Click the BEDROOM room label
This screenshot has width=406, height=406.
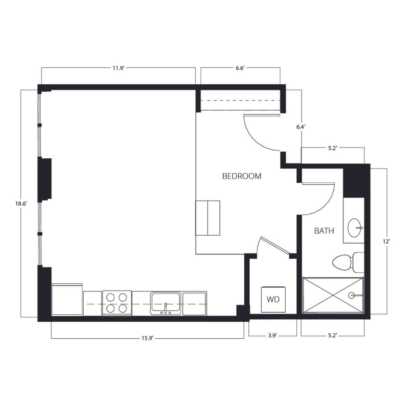click(x=241, y=176)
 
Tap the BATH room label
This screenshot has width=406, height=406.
click(x=324, y=231)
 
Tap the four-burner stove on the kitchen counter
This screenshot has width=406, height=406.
click(x=117, y=303)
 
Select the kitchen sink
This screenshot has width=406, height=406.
click(x=165, y=303)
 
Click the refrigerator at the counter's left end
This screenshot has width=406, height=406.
click(x=67, y=300)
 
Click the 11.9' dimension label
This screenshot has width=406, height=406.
click(x=118, y=68)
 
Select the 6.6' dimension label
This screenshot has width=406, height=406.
click(x=241, y=68)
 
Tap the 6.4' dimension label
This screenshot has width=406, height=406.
click(x=301, y=127)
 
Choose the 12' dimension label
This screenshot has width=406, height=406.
click(x=386, y=241)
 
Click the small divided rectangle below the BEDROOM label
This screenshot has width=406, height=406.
click(x=208, y=218)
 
